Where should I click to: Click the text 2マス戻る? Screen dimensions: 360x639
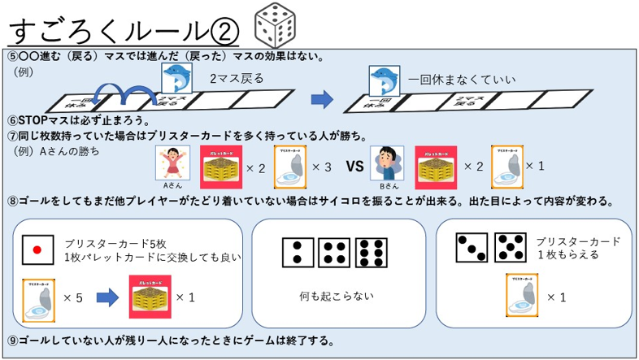tap(237, 80)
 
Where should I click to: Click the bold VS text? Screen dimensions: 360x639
tap(354, 167)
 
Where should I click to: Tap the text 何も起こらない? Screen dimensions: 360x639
tap(337, 296)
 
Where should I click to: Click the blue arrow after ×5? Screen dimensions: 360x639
tap(106, 297)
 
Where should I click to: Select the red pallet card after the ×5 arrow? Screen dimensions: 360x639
tap(150, 297)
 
